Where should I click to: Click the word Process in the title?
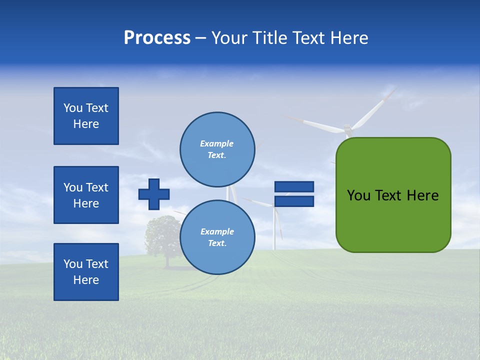(157, 38)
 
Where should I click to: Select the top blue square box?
(86, 116)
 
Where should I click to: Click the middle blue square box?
(86, 195)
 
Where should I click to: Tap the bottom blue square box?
(86, 272)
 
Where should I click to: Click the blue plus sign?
(154, 194)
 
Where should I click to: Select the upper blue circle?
(217, 149)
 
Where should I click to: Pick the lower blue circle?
(217, 237)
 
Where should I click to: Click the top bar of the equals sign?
(294, 186)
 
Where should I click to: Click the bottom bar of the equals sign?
(294, 201)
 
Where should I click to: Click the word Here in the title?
(349, 38)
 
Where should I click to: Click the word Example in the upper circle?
(217, 143)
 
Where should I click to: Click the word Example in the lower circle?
(217, 231)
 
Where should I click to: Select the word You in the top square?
(72, 108)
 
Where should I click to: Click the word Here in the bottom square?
(86, 280)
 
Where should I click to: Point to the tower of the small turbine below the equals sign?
(274, 230)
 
